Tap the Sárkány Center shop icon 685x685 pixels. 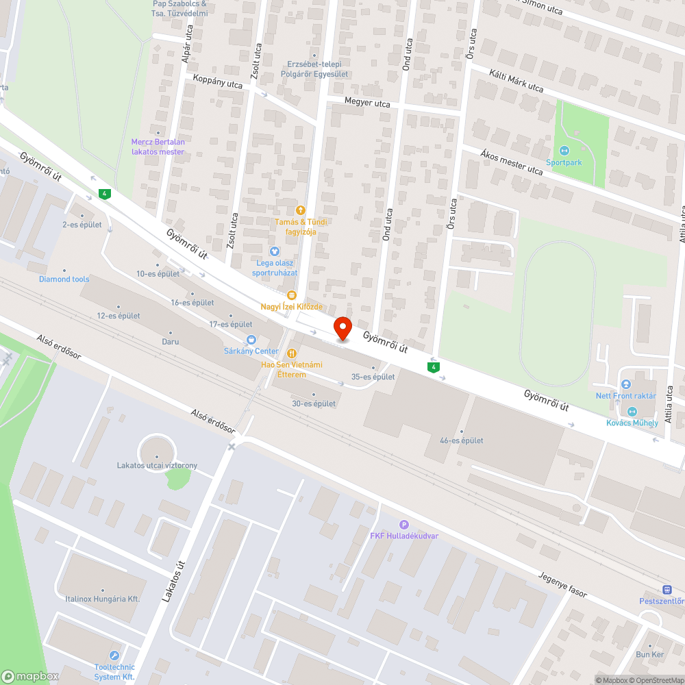click(x=251, y=339)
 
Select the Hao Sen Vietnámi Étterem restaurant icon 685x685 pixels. click(x=292, y=353)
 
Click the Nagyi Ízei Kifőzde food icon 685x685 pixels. click(x=292, y=295)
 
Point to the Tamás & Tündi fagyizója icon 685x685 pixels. click(x=300, y=210)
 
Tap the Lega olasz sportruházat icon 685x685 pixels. click(x=275, y=251)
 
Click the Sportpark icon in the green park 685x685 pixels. click(x=564, y=151)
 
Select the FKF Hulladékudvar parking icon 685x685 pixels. click(x=403, y=524)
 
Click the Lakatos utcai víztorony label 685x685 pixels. click(x=157, y=466)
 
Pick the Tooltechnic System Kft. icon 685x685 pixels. click(x=114, y=656)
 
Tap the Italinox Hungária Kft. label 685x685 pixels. click(x=103, y=599)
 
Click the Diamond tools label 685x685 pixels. click(x=64, y=279)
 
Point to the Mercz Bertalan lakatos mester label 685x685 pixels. click(x=158, y=147)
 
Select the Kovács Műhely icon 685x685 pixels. click(x=632, y=411)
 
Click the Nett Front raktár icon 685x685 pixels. click(x=625, y=385)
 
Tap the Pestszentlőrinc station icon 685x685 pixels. click(x=667, y=590)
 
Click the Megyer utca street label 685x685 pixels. click(x=367, y=104)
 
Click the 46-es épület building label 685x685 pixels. click(x=462, y=440)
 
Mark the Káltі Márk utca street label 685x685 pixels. click(x=516, y=80)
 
